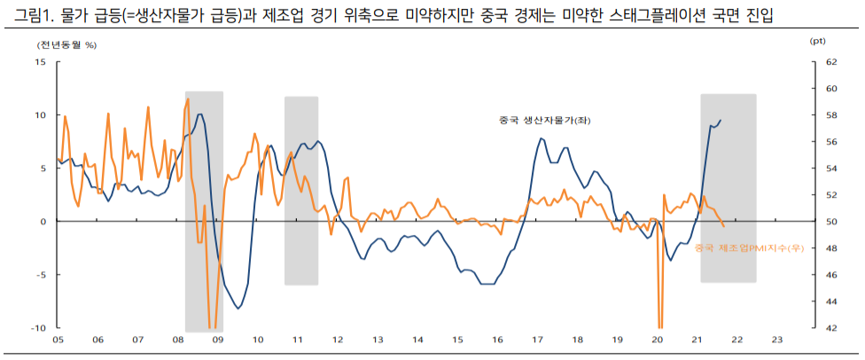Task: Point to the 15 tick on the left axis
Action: point(40,62)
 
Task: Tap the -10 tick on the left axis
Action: point(37,328)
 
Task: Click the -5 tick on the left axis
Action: point(40,275)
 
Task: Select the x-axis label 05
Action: point(58,340)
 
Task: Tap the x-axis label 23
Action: point(777,340)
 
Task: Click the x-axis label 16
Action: point(497,340)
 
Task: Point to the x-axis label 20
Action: point(657,340)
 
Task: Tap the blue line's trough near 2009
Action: point(238,308)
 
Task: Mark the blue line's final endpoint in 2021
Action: point(721,120)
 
